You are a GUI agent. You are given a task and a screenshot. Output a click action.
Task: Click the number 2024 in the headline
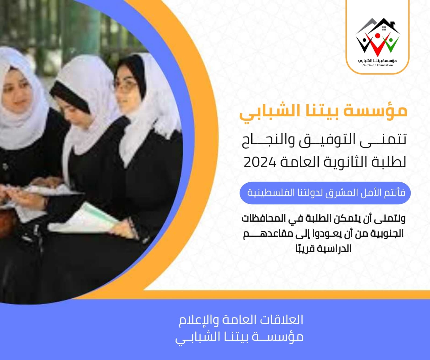(260, 162)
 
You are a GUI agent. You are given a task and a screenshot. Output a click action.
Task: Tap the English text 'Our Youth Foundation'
(377, 65)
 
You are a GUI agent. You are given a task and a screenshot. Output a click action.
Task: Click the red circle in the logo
(378, 36)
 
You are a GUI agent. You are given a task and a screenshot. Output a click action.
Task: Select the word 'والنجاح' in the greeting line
(268, 141)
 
